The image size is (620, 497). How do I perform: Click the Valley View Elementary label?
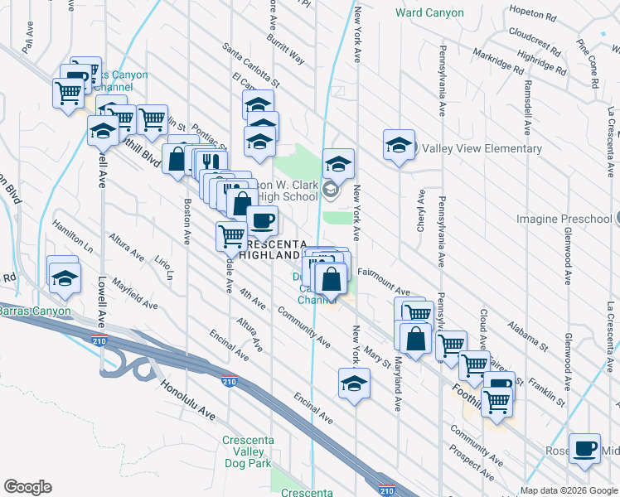pos(482,149)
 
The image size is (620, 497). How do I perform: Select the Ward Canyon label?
pos(429,13)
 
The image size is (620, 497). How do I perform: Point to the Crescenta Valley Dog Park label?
pos(247,451)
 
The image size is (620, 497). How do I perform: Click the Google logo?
pos(27,487)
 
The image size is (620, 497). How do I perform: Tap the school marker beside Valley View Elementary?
pos(399,145)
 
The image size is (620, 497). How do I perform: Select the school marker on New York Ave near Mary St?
pos(354,383)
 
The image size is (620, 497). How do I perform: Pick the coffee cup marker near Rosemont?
pos(584,448)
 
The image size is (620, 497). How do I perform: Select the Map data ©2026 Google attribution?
pos(568,490)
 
